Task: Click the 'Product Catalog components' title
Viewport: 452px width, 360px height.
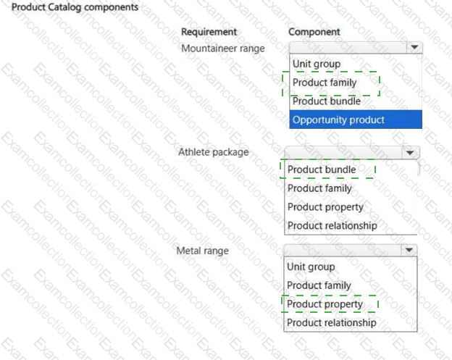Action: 75,7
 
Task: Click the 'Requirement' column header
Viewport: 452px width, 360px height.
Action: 209,32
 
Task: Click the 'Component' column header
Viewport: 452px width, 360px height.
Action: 314,32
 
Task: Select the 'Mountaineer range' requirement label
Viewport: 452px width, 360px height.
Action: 223,49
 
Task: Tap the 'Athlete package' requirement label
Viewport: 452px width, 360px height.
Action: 213,152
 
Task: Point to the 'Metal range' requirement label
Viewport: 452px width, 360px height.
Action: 203,251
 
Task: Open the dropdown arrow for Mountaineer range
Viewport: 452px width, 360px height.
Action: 414,47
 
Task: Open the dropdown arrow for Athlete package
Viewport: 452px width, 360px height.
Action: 410,152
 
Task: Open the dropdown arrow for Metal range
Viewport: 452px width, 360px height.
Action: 409,250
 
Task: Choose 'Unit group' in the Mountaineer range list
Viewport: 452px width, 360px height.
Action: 317,64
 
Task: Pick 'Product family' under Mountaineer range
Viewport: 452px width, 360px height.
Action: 325,83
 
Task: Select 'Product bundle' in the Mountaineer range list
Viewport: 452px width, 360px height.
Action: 327,101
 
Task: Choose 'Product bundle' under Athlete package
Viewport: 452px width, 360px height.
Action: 322,169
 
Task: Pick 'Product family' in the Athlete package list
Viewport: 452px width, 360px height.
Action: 319,188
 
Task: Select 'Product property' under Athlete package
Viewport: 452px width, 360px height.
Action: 325,207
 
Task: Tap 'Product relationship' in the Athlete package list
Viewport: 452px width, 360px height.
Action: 332,225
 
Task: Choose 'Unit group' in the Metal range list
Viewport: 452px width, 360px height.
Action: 311,267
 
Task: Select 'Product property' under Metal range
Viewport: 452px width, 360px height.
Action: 325,304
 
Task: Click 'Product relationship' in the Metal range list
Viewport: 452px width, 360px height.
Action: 332,322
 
